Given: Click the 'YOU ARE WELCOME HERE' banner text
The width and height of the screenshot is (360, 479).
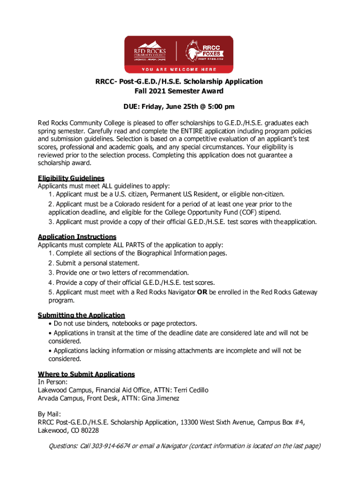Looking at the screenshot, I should click(180, 69).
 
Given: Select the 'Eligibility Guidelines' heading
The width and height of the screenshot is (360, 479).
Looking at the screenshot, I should click(71, 178).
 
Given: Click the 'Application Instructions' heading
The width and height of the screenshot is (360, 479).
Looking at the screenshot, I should click(77, 237).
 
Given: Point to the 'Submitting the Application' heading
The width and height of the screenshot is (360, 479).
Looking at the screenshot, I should click(81, 315).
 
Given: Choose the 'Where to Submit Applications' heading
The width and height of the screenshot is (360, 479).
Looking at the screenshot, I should click(86, 374).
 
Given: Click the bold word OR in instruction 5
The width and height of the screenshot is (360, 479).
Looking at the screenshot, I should click(202, 292).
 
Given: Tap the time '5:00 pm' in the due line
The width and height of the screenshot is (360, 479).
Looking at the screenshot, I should click(220, 107).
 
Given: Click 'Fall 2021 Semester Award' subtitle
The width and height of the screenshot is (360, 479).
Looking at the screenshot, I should click(180, 91).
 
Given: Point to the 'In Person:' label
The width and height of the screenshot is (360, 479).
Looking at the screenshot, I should click(52, 382).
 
